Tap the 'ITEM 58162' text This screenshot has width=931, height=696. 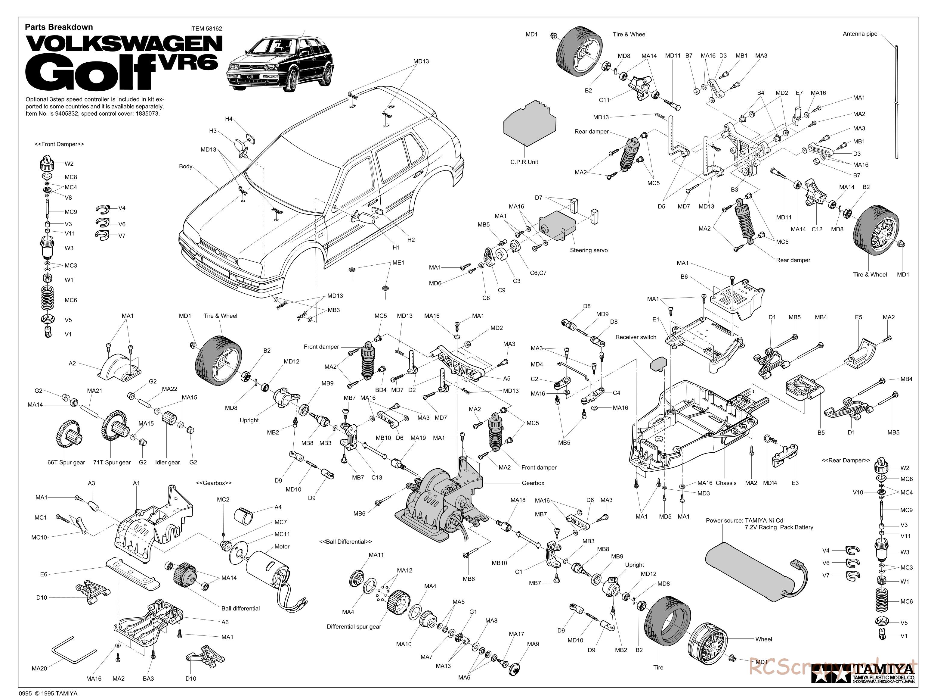pos(206,29)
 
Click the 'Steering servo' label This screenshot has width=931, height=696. pos(588,250)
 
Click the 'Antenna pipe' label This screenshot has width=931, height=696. pos(860,34)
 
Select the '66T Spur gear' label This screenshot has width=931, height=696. pos(66,462)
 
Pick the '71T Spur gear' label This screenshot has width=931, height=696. pos(112,462)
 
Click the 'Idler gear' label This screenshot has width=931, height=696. pos(168,462)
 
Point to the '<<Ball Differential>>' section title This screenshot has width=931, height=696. pos(345,542)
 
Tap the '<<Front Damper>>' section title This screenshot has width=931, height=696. pos(59,144)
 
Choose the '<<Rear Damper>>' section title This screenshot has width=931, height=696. pos(846,460)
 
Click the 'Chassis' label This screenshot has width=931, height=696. pos(726,483)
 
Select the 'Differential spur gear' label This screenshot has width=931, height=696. pos(354,626)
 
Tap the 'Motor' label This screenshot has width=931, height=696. pos(282,546)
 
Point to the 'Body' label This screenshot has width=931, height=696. pos(186,167)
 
